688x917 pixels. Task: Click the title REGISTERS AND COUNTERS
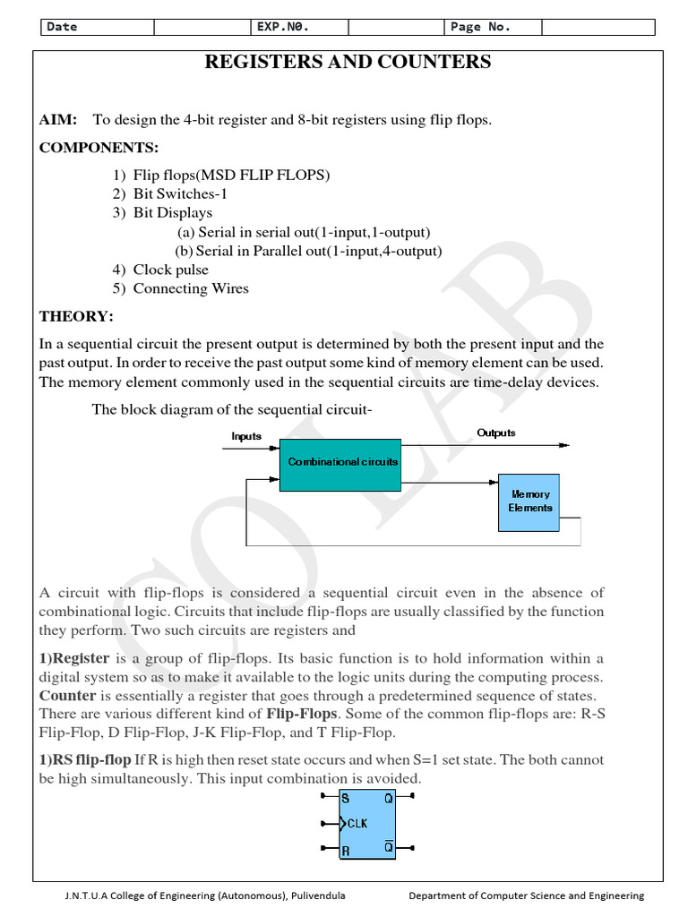(x=348, y=62)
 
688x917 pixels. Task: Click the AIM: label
(x=58, y=120)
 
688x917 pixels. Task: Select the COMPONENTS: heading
(x=99, y=147)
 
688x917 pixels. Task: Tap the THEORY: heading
(x=76, y=316)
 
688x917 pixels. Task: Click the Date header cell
(x=63, y=27)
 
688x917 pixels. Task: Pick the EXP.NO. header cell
(x=283, y=27)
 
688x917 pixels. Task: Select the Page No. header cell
(x=480, y=27)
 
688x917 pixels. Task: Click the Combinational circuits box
(x=342, y=463)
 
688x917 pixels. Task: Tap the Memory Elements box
(x=530, y=501)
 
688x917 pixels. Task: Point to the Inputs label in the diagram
(x=246, y=437)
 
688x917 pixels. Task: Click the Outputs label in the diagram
(x=495, y=433)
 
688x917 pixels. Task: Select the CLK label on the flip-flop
(x=357, y=823)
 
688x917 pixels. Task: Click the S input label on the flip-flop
(x=346, y=797)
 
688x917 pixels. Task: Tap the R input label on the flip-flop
(x=346, y=849)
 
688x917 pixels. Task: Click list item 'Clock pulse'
(x=170, y=270)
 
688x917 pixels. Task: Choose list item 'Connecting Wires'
(x=191, y=288)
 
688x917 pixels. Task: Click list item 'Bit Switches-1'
(x=175, y=193)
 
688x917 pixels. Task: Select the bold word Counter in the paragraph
(x=67, y=696)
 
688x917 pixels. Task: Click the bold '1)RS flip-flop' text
(x=85, y=760)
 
